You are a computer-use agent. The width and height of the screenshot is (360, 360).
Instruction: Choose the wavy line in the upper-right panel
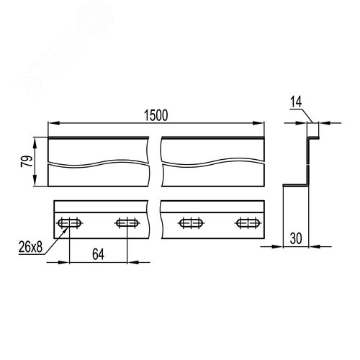coord(212,163)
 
